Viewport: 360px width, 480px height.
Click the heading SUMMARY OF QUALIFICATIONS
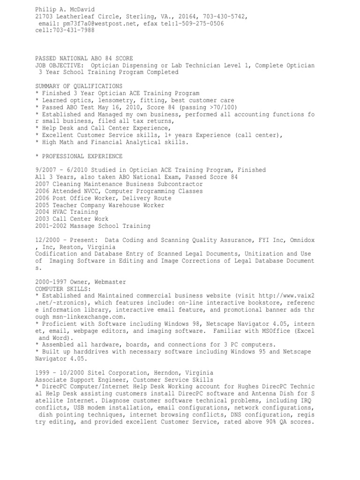click(79, 87)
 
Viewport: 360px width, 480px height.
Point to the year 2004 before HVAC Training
click(43, 212)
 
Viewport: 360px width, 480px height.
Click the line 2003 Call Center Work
click(72, 219)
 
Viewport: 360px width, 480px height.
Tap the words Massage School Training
click(110, 226)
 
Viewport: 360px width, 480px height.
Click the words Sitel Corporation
click(117, 372)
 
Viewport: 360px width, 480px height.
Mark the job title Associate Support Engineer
click(81, 379)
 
